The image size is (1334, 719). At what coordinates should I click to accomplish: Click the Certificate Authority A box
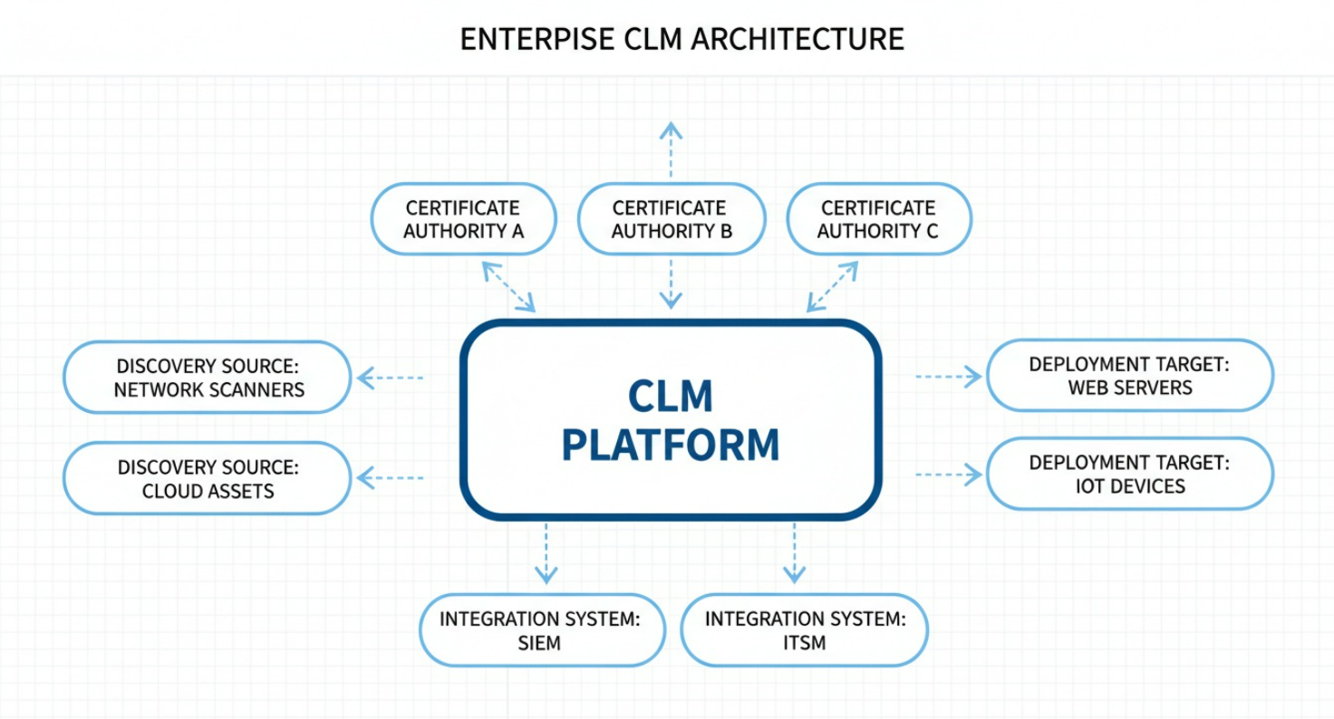(463, 219)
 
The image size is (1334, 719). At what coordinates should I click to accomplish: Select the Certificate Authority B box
(671, 219)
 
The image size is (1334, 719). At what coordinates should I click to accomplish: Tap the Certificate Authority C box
(878, 219)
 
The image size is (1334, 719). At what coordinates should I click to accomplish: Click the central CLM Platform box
(671, 420)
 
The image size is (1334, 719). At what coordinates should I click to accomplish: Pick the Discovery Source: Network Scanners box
(208, 378)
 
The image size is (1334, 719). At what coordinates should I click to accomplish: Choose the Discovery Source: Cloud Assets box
(208, 478)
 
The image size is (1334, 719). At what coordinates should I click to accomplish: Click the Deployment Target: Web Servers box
(1129, 376)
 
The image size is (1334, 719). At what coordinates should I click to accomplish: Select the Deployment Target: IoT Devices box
(1129, 474)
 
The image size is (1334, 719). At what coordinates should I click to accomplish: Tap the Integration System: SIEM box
(542, 630)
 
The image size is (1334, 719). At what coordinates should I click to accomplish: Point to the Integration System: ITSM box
(804, 630)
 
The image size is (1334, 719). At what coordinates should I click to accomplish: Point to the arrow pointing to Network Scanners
(391, 378)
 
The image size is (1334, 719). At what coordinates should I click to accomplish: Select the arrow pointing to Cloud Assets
(391, 477)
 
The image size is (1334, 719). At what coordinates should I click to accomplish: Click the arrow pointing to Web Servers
(949, 376)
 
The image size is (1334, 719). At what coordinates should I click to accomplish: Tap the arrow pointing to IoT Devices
(949, 474)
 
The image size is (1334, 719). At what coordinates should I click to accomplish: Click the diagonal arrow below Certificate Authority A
(508, 287)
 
